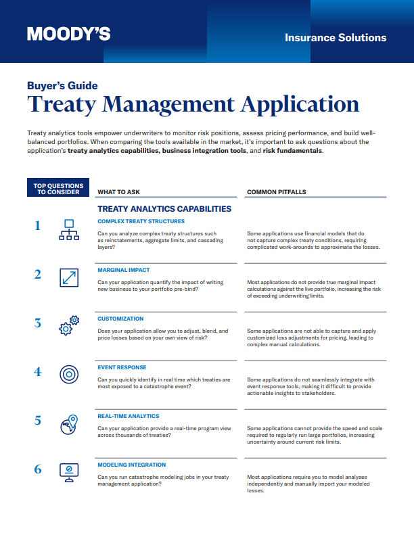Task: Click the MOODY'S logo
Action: pos(68,34)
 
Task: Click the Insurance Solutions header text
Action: pos(336,37)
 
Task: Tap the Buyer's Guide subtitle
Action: pos(62,86)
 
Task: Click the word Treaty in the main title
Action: pos(65,105)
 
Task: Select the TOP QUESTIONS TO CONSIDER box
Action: pos(59,188)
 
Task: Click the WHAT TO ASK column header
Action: pos(118,192)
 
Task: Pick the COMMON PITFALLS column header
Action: pos(276,192)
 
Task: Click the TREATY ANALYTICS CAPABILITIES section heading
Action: pos(164,209)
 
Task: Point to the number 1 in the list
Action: pos(38,227)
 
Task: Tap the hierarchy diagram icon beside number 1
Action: pos(69,231)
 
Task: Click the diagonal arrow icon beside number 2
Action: pos(69,277)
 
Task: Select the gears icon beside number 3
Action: pos(69,325)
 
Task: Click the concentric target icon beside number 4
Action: pos(69,374)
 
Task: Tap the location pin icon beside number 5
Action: pos(69,423)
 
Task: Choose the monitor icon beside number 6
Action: pos(69,471)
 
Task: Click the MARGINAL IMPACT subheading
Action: pos(124,269)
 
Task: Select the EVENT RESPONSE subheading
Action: pos(122,367)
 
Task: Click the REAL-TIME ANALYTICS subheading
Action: pos(129,416)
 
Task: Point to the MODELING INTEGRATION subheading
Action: pos(133,465)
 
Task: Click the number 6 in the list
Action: pos(38,469)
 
